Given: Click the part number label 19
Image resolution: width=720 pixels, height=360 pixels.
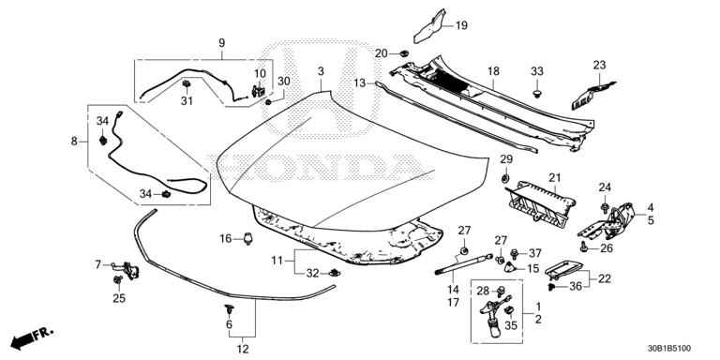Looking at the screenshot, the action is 461,25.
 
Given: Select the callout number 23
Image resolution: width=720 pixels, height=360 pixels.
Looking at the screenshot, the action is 600,65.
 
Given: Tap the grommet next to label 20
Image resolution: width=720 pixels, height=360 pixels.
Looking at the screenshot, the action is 404,54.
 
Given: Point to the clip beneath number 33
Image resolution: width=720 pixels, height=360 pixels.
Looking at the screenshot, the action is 536,94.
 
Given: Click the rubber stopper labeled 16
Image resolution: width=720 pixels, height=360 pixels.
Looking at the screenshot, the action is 249,239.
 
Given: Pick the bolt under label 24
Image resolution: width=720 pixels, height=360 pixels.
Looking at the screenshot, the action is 605,207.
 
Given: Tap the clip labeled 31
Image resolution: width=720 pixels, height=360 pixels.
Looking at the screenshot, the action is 187,84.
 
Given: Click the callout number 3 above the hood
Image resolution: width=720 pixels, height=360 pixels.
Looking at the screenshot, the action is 321,71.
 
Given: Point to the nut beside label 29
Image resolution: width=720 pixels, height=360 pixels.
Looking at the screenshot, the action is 505,178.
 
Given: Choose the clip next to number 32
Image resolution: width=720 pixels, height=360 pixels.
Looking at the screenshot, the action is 334,273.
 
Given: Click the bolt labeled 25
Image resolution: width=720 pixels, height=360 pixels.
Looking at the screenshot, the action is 119,279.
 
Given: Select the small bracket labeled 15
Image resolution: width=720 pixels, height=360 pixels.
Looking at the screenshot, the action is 510,267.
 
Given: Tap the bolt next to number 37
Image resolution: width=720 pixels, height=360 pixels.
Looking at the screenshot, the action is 515,253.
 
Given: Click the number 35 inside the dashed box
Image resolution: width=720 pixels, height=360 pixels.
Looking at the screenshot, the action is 511,325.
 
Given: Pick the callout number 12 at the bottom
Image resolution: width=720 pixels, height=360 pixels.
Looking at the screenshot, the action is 243,349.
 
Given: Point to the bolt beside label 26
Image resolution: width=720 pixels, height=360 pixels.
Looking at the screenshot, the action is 584,247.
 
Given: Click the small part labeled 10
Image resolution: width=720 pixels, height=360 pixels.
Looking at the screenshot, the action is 259,90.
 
